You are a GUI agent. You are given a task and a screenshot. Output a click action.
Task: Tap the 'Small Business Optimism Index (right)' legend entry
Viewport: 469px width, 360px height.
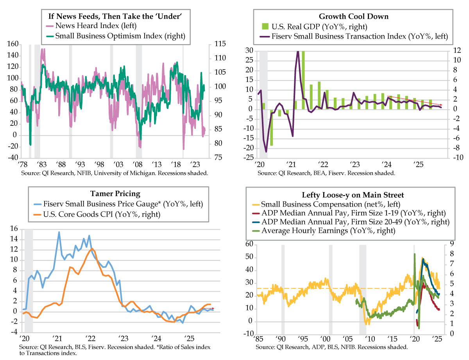point(120,36)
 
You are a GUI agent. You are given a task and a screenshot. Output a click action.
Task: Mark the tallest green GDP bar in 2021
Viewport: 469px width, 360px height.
point(303,78)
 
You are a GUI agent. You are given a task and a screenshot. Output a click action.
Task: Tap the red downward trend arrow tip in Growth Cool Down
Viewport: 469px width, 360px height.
point(441,105)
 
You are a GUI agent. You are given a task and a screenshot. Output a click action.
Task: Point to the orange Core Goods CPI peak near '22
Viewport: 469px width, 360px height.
point(91,249)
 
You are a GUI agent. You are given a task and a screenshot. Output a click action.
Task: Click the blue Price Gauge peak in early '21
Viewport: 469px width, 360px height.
point(59,232)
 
